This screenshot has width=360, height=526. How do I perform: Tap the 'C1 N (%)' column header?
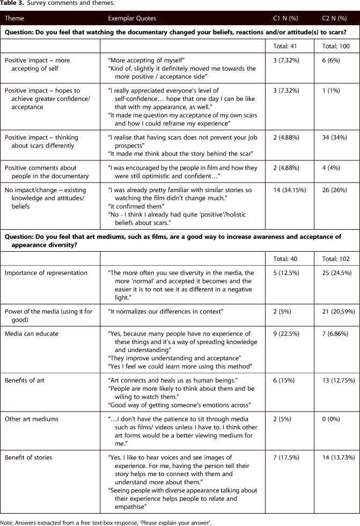click(x=286, y=18)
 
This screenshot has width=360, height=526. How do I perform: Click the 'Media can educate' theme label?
click(x=30, y=334)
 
